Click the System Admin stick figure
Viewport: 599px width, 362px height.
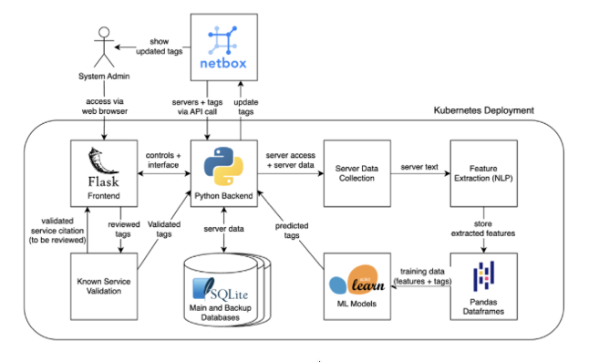click(104, 47)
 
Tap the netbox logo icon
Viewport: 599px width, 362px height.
click(222, 40)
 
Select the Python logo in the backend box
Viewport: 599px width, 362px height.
click(223, 166)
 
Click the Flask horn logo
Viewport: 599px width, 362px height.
click(102, 160)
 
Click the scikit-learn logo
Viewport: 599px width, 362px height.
click(356, 280)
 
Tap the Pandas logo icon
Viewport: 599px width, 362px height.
click(483, 276)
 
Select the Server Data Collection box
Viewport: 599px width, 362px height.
click(357, 173)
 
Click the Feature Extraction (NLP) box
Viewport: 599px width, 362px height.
click(483, 173)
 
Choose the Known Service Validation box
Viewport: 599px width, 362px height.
click(104, 286)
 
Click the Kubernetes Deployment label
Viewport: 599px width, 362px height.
click(483, 110)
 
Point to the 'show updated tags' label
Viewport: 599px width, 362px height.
click(160, 47)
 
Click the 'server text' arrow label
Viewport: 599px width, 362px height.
click(419, 167)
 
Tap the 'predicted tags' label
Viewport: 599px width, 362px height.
click(292, 231)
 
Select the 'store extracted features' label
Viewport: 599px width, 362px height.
click(483, 229)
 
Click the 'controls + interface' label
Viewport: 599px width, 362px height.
click(163, 160)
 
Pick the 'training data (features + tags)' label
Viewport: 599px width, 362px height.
click(422, 276)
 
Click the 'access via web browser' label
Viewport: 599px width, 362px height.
click(104, 107)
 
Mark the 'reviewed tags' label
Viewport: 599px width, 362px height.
click(124, 229)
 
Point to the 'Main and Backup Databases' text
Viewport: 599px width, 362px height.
click(221, 313)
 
